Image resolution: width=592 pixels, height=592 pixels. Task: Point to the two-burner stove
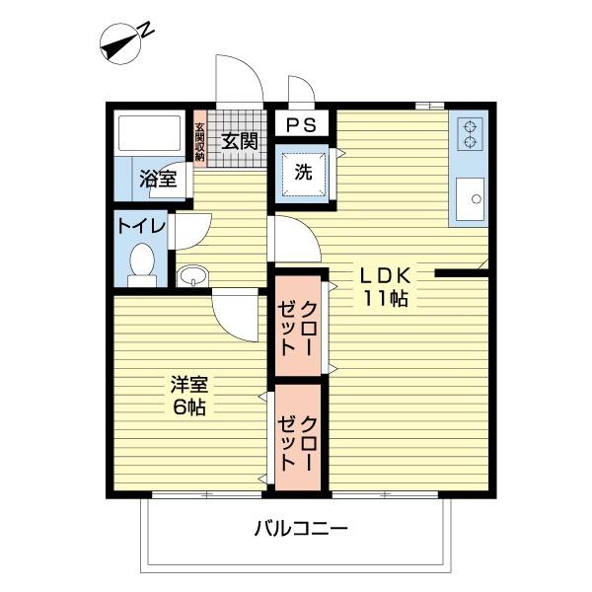[x=469, y=133]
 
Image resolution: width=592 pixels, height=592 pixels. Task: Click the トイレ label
[x=141, y=226]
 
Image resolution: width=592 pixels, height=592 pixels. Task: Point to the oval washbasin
[x=192, y=273]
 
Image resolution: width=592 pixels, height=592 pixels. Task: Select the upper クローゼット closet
[x=299, y=326]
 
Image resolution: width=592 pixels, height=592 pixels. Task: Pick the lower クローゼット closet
[x=299, y=437]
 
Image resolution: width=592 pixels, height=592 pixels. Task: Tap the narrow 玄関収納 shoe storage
[x=199, y=141]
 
